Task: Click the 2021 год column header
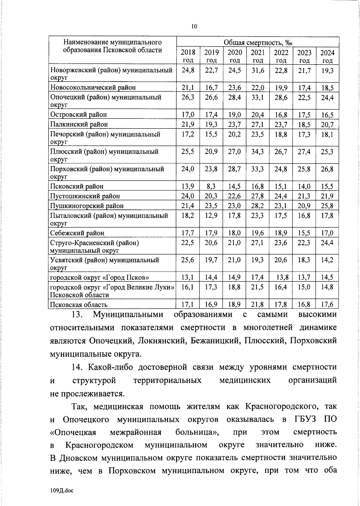coord(258,56)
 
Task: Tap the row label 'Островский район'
coord(79,114)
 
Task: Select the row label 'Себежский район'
coord(77,233)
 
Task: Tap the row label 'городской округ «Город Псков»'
coord(99,277)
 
